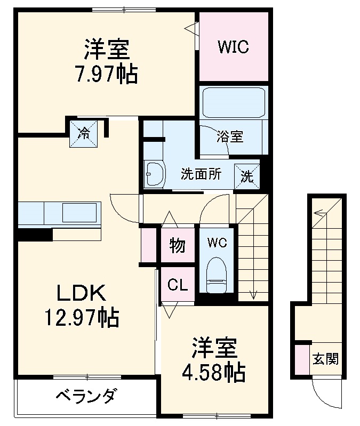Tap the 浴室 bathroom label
(231, 136)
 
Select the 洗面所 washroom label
(200, 174)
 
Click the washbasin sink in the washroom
(154, 174)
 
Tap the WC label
(217, 243)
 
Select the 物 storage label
(178, 246)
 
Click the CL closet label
(178, 285)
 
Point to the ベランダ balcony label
(86, 397)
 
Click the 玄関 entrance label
(325, 359)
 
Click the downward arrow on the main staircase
(254, 293)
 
